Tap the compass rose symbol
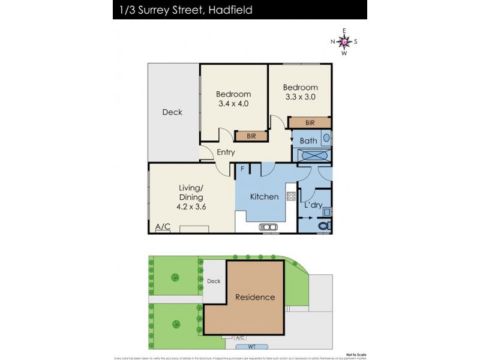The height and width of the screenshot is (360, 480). [x=344, y=41]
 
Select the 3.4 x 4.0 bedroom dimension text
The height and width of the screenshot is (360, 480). [x=233, y=104]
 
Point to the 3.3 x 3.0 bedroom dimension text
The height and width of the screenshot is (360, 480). [x=301, y=97]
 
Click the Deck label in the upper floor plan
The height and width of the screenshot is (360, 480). [x=172, y=112]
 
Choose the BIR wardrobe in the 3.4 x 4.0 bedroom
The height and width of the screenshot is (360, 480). [x=251, y=136]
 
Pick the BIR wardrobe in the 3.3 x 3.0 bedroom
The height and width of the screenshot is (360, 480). [x=310, y=123]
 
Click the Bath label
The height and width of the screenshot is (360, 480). [x=308, y=141]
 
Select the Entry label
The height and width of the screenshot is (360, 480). [x=226, y=152]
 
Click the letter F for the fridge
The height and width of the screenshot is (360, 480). [x=242, y=169]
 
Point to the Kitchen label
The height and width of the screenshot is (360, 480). [x=264, y=197]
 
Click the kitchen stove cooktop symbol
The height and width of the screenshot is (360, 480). [x=291, y=196]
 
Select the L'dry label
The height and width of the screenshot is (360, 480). [x=313, y=205]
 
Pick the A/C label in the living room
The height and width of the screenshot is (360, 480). [x=163, y=227]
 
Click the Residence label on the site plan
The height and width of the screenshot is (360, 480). [x=255, y=297]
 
